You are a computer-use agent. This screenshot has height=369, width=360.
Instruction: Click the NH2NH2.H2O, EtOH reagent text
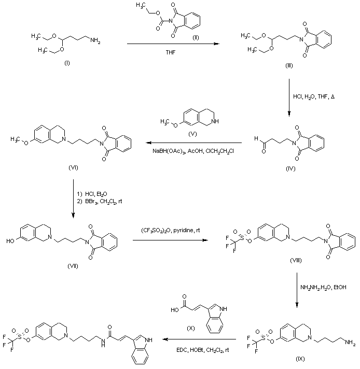[x=321, y=286]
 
